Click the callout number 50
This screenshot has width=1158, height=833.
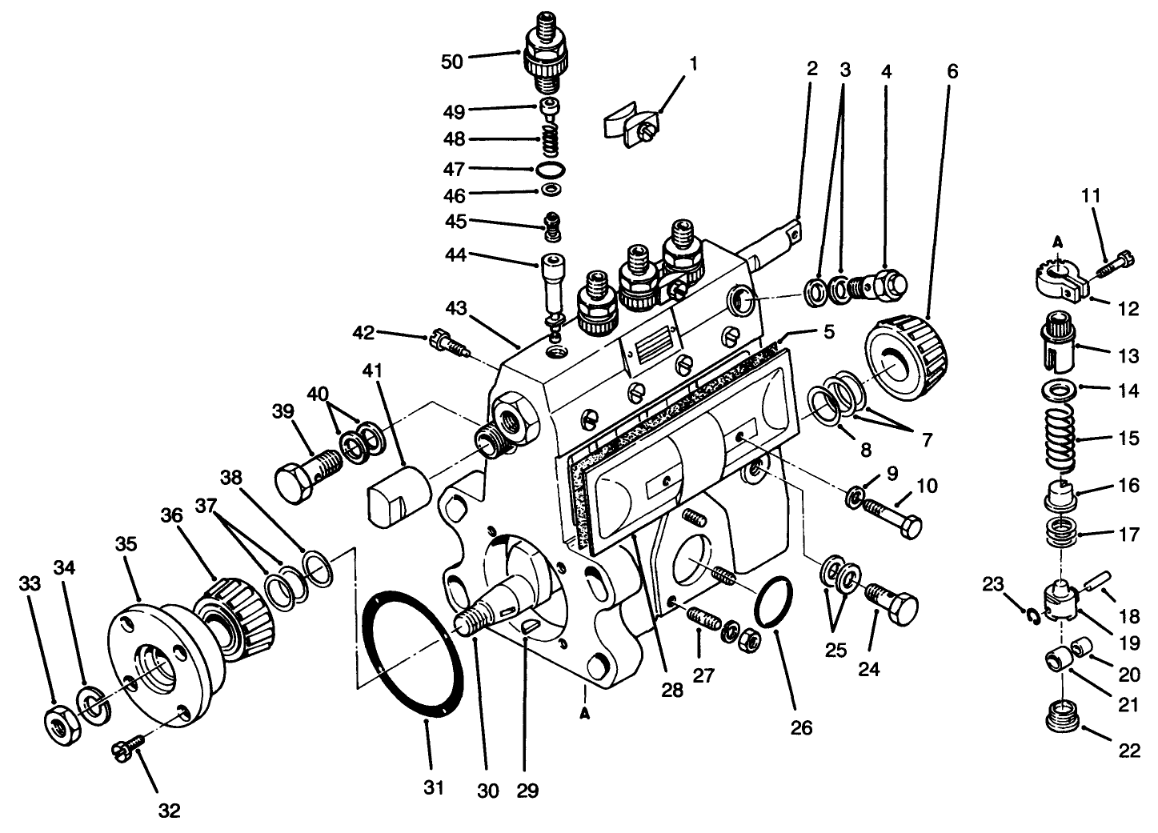tap(452, 62)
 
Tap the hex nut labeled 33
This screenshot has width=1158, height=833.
tap(59, 723)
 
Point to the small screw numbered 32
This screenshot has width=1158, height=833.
tap(127, 748)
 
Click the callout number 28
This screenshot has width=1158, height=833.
tap(673, 689)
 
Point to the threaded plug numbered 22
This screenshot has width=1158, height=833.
tap(1064, 713)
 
